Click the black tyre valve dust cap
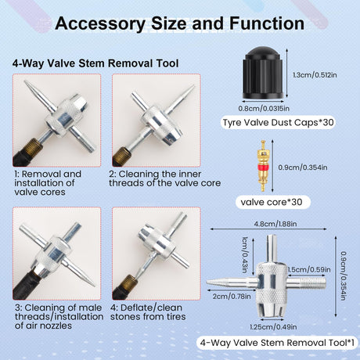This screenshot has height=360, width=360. pyautogui.click(x=263, y=73)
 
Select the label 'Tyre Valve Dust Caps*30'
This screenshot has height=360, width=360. pyautogui.click(x=278, y=123)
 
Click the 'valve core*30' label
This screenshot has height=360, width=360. pyautogui.click(x=272, y=202)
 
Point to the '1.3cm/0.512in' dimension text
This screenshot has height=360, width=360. pyautogui.click(x=315, y=75)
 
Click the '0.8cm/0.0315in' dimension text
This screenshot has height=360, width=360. pyautogui.click(x=264, y=108)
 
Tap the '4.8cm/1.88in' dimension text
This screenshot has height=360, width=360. pyautogui.click(x=275, y=224)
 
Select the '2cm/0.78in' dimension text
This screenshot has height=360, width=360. pyautogui.click(x=232, y=297)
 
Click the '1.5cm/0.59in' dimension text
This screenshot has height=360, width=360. pyautogui.click(x=309, y=269)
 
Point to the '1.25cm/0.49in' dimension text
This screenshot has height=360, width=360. pyautogui.click(x=273, y=327)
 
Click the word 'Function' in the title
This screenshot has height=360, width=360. pyautogui.click(x=267, y=23)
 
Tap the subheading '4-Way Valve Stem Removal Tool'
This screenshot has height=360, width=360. pyautogui.click(x=95, y=63)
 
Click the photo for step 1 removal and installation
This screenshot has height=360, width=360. pyautogui.click(x=57, y=121)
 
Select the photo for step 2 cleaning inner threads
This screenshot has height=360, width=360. pyautogui.click(x=157, y=121)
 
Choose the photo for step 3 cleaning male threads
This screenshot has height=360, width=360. pyautogui.click(x=57, y=254)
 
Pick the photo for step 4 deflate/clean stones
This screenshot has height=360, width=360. pyautogui.click(x=157, y=254)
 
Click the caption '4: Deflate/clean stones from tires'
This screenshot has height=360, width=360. pyautogui.click(x=148, y=312)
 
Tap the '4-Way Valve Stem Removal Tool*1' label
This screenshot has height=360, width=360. pyautogui.click(x=277, y=343)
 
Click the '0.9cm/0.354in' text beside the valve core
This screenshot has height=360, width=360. pyautogui.click(x=303, y=167)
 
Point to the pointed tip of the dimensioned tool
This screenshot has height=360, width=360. pyautogui.click(x=207, y=283)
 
